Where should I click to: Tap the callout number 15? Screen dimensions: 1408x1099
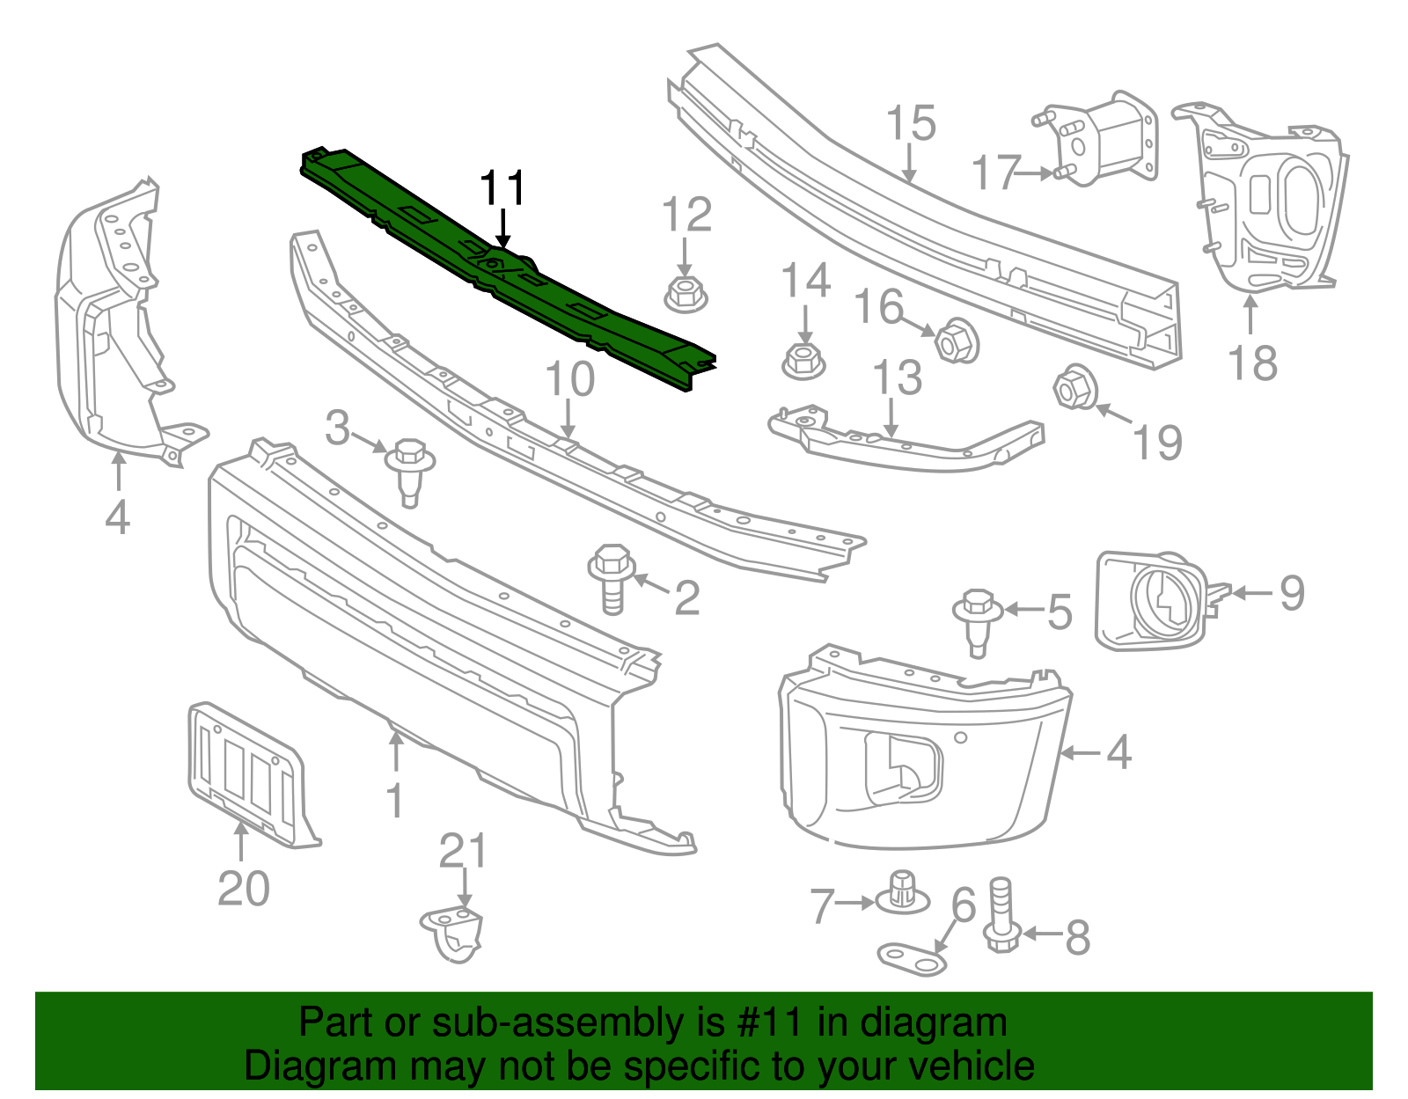[910, 124]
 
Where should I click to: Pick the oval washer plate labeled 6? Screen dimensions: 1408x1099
[913, 958]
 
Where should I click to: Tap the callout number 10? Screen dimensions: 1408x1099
[570, 379]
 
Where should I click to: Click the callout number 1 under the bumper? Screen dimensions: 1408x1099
[395, 801]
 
